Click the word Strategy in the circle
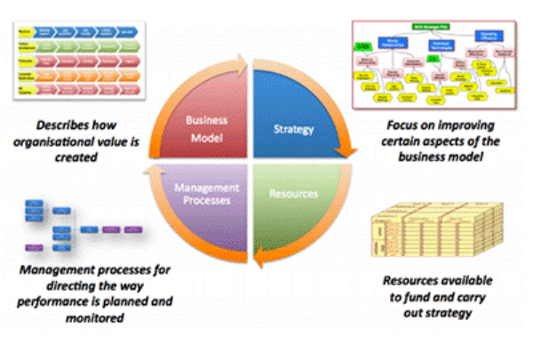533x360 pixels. click(x=293, y=130)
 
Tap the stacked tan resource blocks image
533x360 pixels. click(x=429, y=227)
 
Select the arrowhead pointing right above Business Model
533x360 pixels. click(x=246, y=62)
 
